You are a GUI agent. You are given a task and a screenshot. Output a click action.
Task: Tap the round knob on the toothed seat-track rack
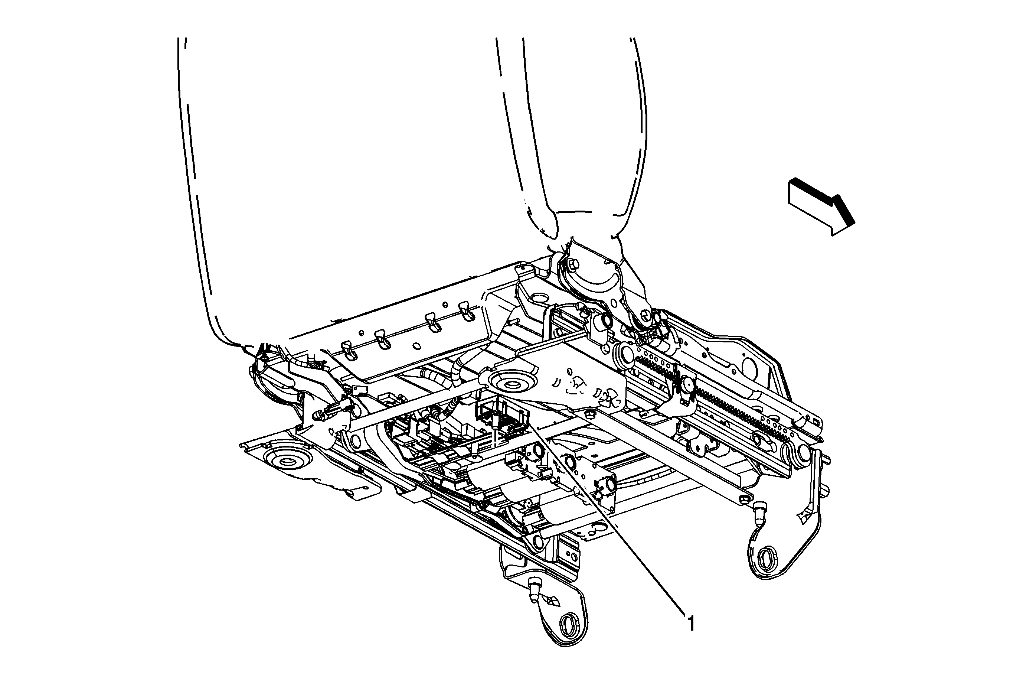point(686,384)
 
